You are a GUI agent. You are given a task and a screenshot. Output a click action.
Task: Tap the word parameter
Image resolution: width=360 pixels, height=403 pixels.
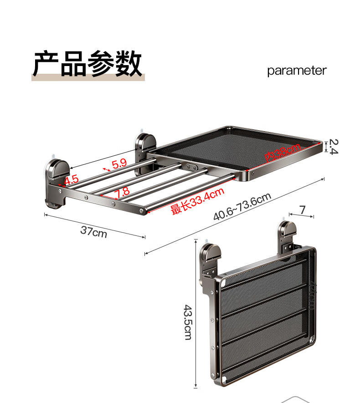click(297, 71)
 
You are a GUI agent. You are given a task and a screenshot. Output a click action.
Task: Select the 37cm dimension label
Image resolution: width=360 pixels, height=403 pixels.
click(93, 231)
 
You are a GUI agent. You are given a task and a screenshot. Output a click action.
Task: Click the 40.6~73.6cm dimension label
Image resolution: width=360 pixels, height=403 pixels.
click(242, 207)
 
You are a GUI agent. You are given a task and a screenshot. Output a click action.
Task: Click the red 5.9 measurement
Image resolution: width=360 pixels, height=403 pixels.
click(119, 164)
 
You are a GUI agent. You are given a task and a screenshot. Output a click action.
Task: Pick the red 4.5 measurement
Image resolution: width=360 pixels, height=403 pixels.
click(72, 180)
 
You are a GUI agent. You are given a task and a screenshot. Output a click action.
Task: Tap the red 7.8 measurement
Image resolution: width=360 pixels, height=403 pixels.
click(122, 193)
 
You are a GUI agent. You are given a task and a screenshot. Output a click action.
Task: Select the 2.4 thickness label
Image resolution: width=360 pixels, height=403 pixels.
click(333, 147)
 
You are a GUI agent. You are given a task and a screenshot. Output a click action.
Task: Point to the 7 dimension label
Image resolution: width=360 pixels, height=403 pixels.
click(302, 210)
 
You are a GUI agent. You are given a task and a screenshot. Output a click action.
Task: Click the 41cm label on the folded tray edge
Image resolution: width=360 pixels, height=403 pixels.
click(313, 296)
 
